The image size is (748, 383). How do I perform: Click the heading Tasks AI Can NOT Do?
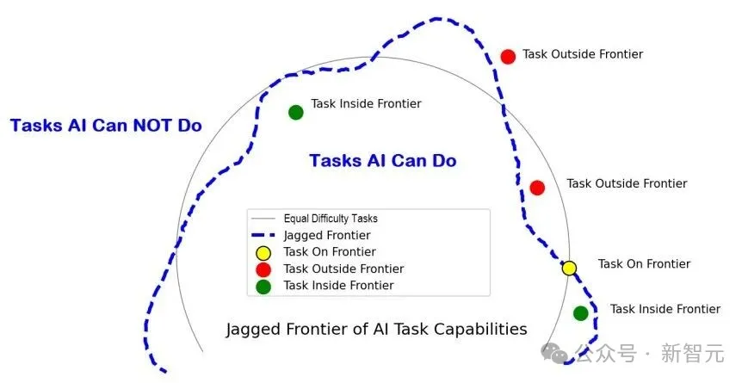point(106,126)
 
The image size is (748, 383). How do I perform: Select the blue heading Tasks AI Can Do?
point(382,161)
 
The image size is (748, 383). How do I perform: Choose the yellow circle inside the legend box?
point(263,252)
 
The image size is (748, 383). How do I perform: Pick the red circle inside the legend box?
point(263,269)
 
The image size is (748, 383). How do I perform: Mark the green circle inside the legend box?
point(263,287)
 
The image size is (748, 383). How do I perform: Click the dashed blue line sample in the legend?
point(263,235)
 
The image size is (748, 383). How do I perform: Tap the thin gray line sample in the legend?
point(263,219)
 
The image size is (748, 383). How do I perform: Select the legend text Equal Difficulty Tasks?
point(331,219)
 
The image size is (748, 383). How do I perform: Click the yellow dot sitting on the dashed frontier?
point(569,268)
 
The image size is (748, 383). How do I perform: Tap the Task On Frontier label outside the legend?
point(644,264)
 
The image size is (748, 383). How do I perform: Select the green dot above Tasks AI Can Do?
point(296,112)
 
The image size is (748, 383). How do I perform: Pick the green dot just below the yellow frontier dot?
point(581,313)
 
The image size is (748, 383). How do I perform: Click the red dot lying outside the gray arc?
point(508,57)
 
